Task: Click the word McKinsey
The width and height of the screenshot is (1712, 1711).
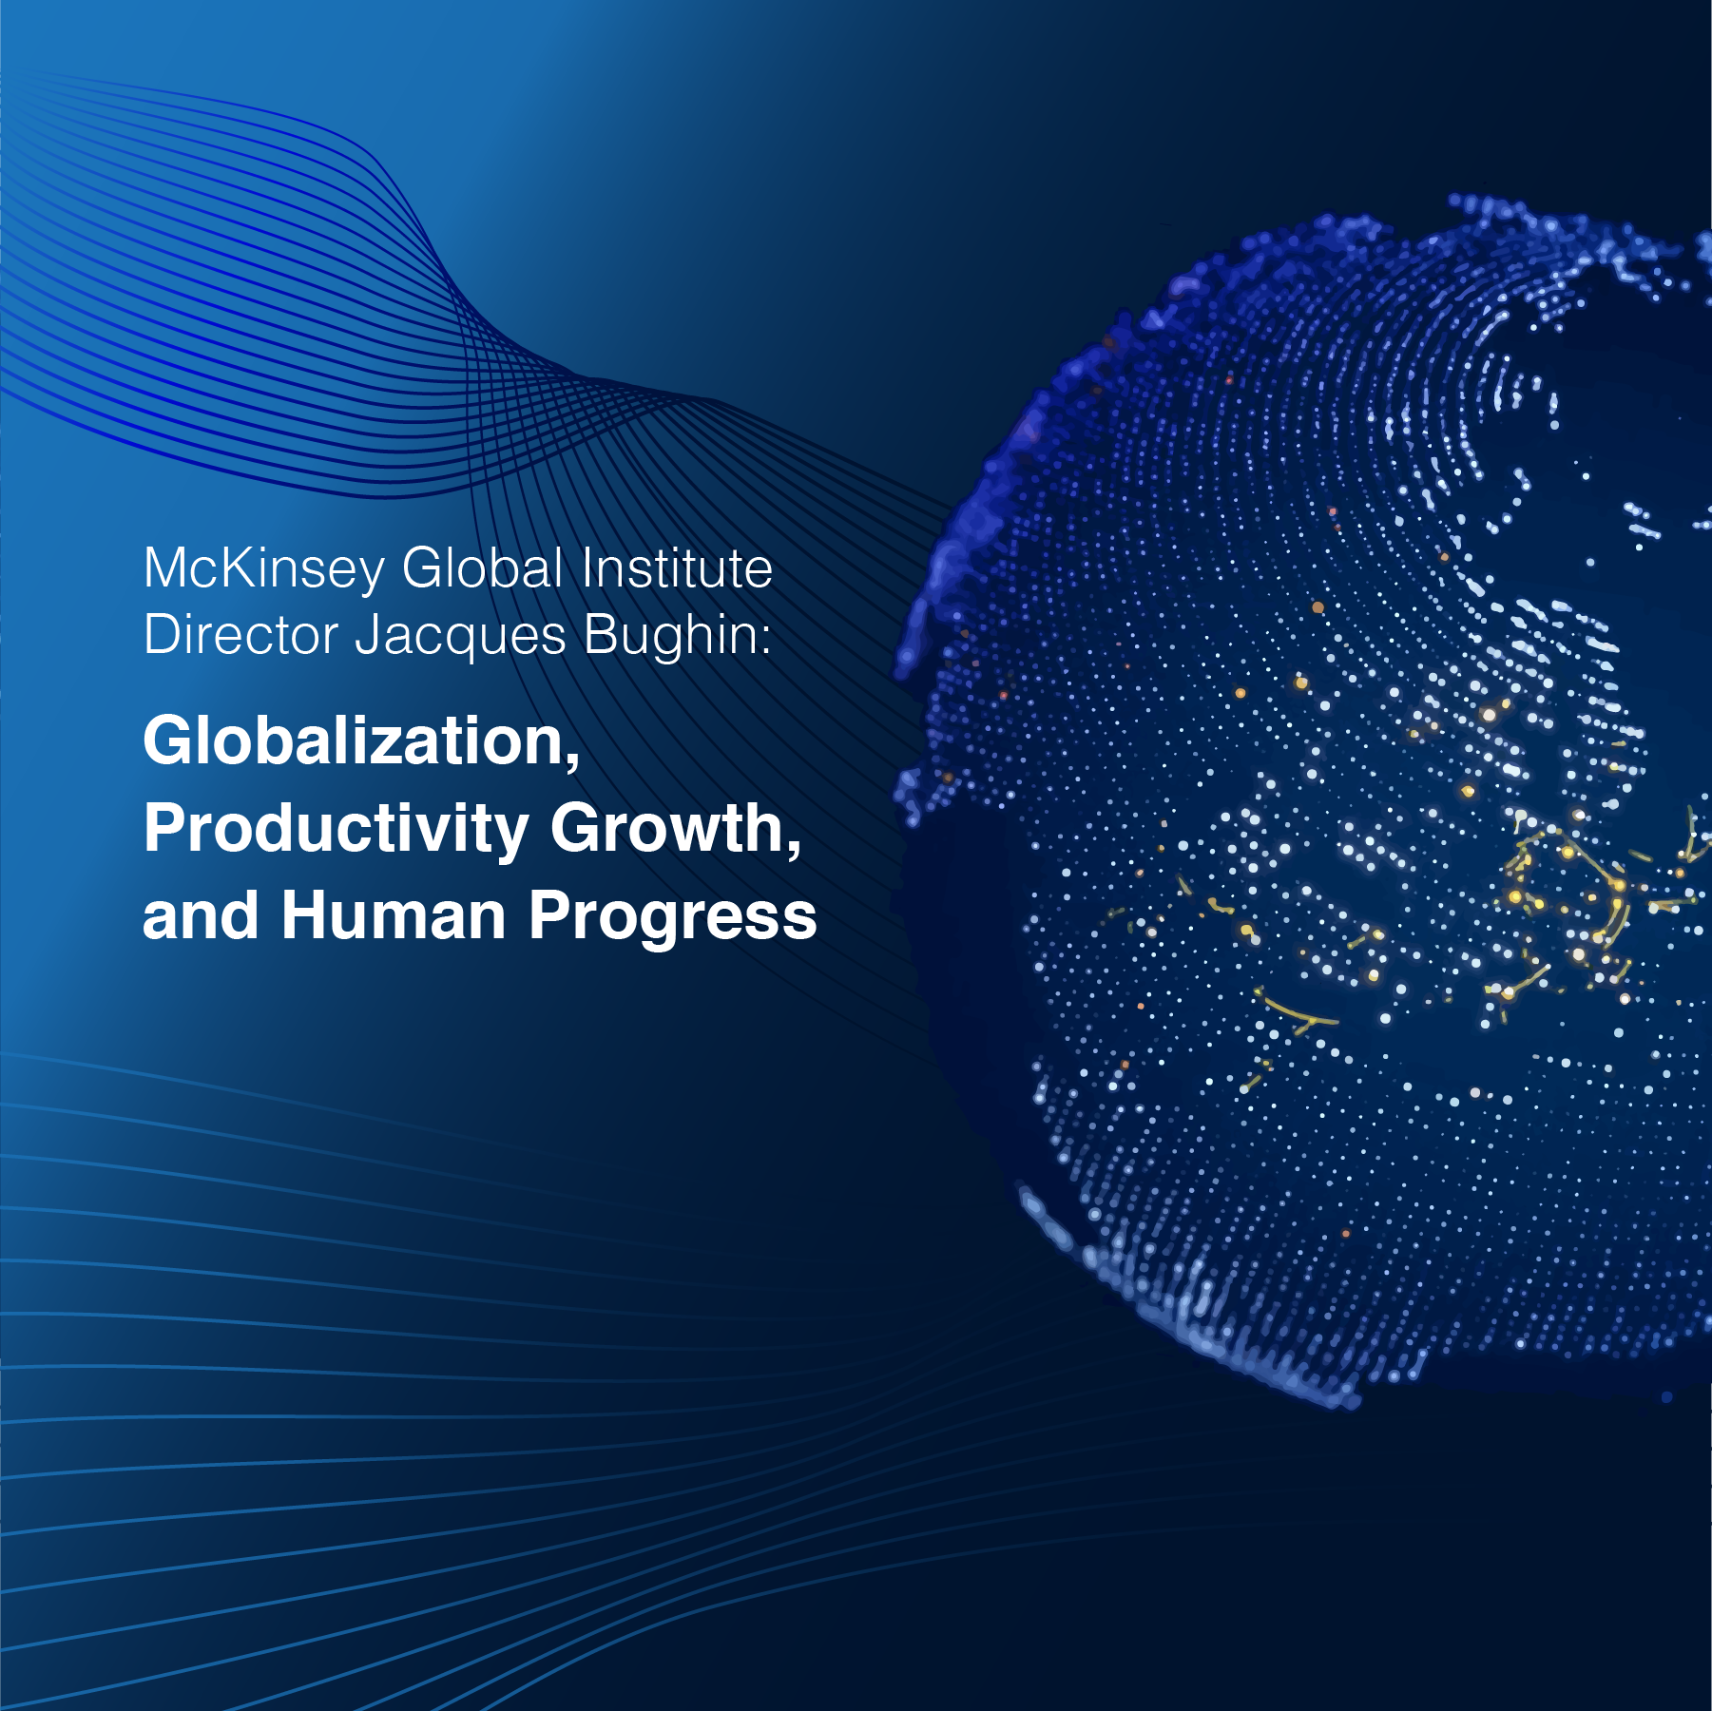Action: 263,569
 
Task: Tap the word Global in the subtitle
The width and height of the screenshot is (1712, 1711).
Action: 483,568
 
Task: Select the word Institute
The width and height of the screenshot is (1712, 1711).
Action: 677,568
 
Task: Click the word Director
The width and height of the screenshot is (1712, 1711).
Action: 240,634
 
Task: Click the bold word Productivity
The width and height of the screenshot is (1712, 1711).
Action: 336,829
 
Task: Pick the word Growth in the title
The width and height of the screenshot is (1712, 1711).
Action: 667,827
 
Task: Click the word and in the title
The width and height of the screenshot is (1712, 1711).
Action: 200,915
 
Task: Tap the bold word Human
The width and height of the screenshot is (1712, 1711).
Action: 394,915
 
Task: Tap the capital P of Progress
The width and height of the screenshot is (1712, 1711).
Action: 549,915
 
